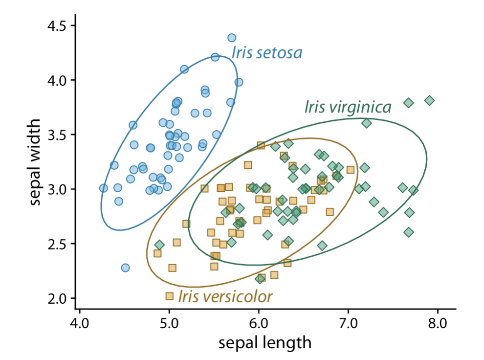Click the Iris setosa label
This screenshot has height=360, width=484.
coord(266,52)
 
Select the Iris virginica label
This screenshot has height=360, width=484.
coord(348,107)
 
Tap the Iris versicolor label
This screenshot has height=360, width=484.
coord(225,296)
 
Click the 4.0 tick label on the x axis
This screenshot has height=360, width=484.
coord(79,323)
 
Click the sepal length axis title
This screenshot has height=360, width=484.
coord(265,343)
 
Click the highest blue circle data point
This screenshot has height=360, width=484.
coord(232,38)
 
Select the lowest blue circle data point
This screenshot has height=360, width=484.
coord(125,268)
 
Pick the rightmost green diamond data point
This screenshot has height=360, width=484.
coord(429,100)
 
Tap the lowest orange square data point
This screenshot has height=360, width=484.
coord(170,296)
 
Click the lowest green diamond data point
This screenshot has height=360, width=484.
coord(260,279)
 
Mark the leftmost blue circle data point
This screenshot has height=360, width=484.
coord(103,188)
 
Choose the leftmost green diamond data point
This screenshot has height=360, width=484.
coord(159,245)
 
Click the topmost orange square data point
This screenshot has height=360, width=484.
coord(261,145)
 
